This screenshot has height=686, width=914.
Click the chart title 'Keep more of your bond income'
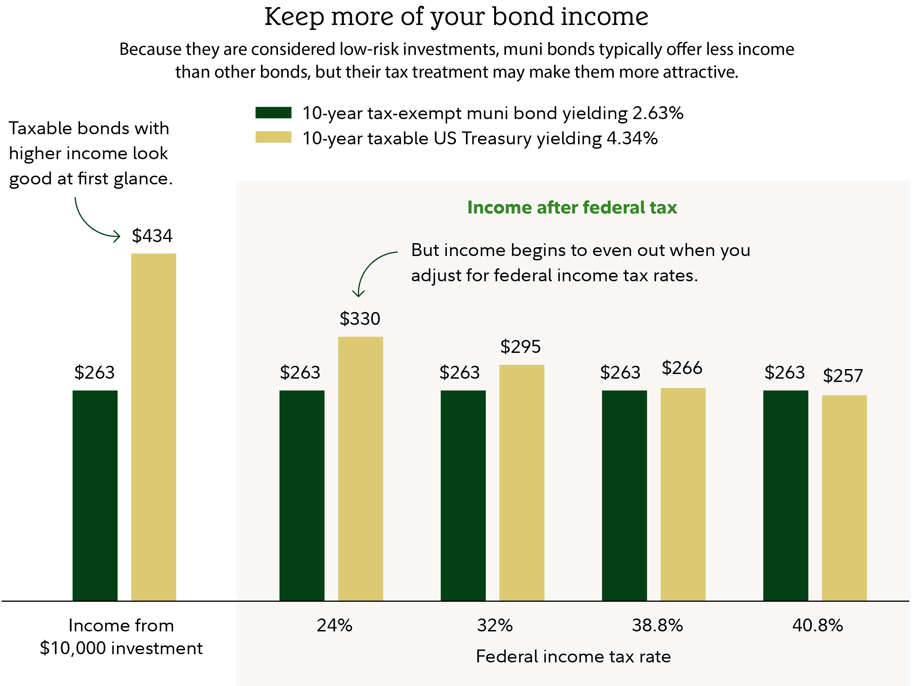tap(456, 17)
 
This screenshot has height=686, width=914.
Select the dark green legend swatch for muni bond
tap(273, 113)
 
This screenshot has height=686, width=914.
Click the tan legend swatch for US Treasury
tap(273, 137)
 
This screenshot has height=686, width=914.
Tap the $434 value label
tap(152, 236)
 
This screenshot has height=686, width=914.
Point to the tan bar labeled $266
tap(683, 494)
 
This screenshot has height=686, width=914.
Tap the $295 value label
tap(520, 347)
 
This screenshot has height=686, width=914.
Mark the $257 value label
tap(843, 375)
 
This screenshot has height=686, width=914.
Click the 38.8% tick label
tap(657, 625)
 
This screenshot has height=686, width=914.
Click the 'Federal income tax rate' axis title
tap(574, 656)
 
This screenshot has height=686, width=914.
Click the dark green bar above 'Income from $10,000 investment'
tap(95, 495)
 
